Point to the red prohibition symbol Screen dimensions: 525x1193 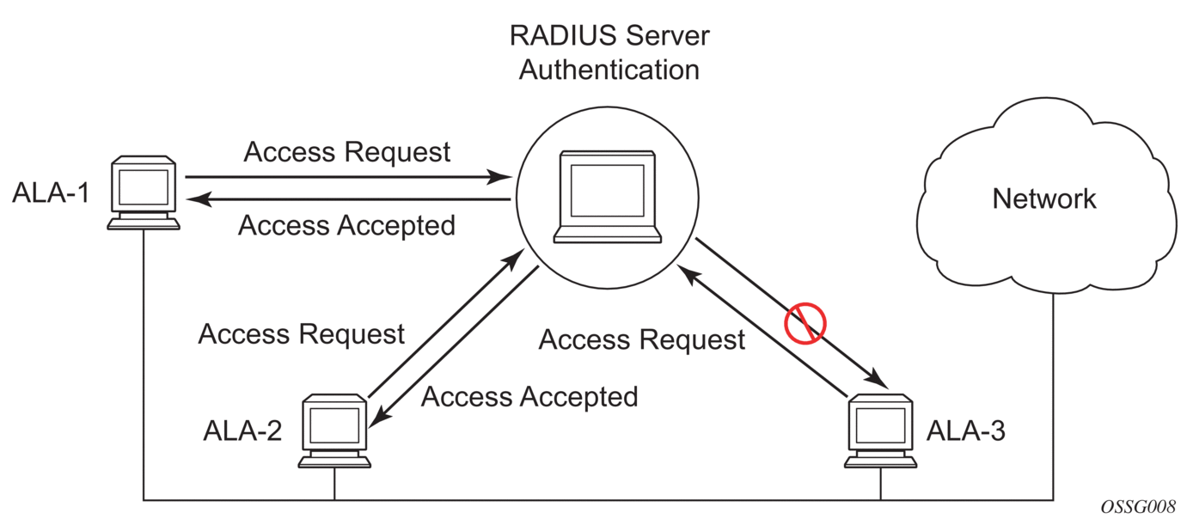(x=805, y=324)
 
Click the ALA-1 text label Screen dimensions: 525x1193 (x=50, y=193)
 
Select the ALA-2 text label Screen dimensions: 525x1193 (x=242, y=430)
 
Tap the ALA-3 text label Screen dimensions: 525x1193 (x=965, y=430)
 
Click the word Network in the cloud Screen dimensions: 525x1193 (x=1044, y=199)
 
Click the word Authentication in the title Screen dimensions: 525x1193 (x=609, y=69)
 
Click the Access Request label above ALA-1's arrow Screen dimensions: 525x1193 (x=347, y=152)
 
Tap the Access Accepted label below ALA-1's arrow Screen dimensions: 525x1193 (x=346, y=226)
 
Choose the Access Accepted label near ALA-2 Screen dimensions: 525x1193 (x=529, y=397)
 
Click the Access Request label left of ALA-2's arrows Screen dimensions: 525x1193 (x=301, y=333)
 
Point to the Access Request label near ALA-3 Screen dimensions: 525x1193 (x=641, y=340)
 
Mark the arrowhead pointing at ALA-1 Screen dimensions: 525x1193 (x=197, y=200)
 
